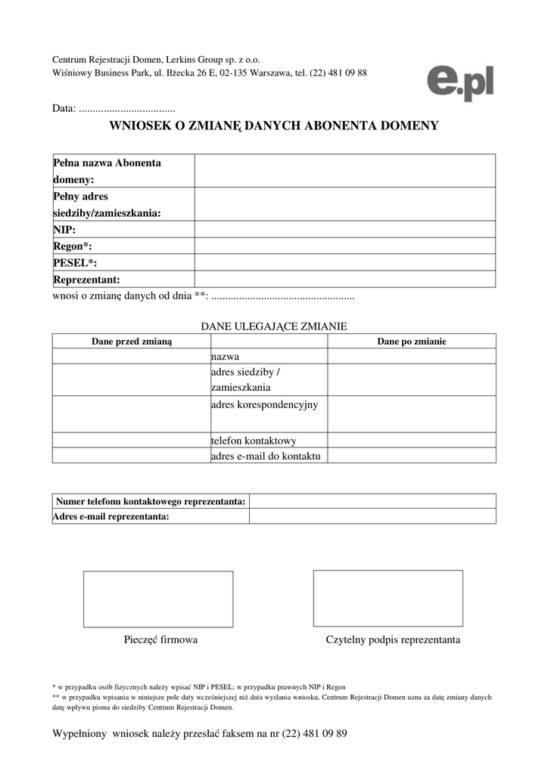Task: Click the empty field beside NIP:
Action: click(x=344, y=229)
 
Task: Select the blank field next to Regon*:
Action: click(x=344, y=246)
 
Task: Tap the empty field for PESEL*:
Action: click(x=344, y=262)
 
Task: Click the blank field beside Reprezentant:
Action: click(x=344, y=279)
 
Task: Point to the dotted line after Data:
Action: click(x=126, y=109)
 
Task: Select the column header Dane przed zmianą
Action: click(x=132, y=342)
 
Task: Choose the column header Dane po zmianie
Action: click(x=411, y=342)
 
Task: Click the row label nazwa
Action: click(x=225, y=356)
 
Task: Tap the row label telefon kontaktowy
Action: click(x=253, y=441)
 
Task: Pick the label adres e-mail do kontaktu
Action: click(x=266, y=456)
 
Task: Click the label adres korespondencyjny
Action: click(x=264, y=404)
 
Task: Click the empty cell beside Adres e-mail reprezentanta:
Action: click(x=372, y=516)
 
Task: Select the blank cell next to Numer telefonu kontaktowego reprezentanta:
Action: click(x=372, y=501)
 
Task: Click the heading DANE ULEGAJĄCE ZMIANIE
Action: click(x=273, y=327)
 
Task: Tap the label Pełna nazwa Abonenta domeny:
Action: click(x=107, y=171)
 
